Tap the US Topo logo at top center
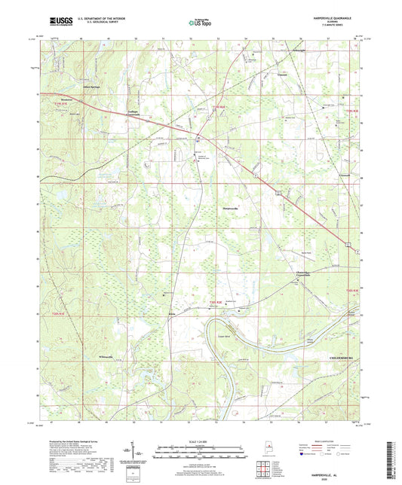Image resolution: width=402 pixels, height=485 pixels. click(201, 23)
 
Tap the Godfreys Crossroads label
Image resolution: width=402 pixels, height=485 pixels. click(130, 114)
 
